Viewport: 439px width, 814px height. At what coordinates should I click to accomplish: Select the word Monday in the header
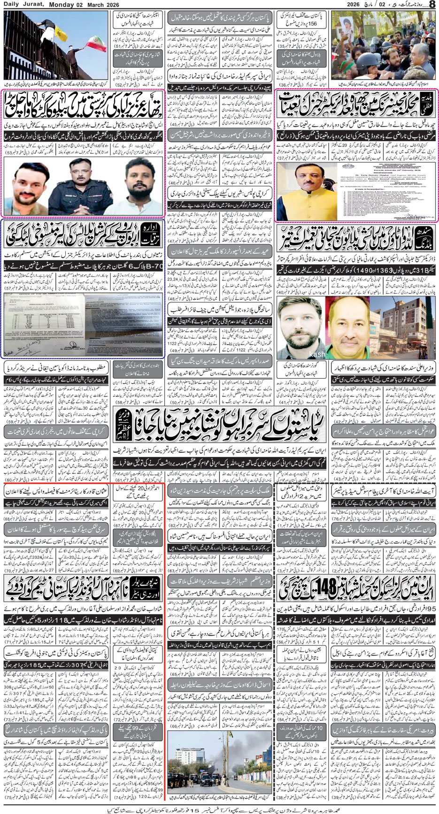(60, 4)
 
